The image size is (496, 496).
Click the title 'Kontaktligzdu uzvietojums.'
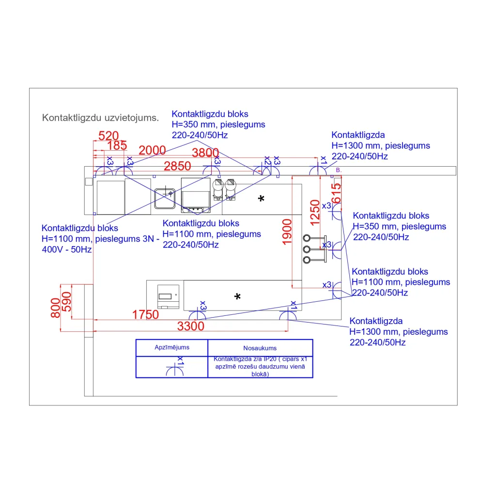(100, 118)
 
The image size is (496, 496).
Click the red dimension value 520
(108, 136)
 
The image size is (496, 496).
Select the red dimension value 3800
(205, 153)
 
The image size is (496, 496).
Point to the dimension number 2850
(177, 167)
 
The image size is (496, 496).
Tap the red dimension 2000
(152, 151)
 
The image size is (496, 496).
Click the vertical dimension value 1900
(287, 232)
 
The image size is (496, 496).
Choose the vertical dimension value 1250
(315, 212)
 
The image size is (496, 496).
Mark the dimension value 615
(337, 193)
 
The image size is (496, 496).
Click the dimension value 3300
(191, 326)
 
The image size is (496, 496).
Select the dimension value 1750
(145, 315)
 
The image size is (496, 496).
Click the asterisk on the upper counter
(262, 199)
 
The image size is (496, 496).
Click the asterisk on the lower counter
(237, 296)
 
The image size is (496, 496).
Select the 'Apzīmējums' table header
(172, 347)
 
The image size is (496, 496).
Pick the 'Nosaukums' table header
(260, 348)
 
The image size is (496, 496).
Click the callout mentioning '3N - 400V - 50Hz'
(100, 239)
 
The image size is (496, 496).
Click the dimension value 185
(117, 146)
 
